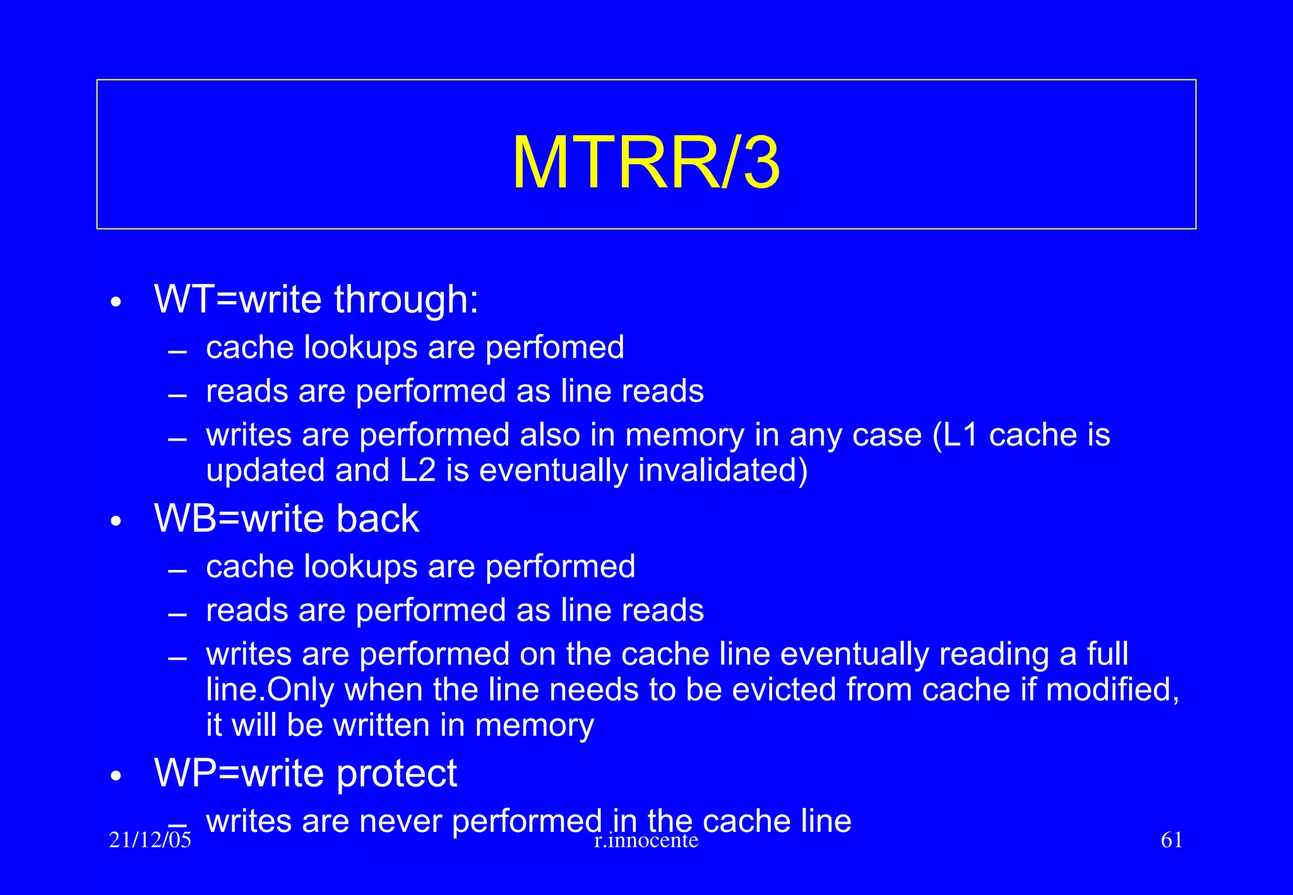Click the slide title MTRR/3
[x=646, y=163]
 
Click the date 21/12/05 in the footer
[x=150, y=840]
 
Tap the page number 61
[x=1172, y=840]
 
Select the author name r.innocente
[x=646, y=840]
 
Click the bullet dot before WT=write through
[x=115, y=302]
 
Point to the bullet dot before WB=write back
[x=115, y=521]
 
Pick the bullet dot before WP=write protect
[x=115, y=776]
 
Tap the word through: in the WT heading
[x=406, y=299]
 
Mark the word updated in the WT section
[x=265, y=471]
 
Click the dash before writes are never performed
[x=177, y=824]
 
